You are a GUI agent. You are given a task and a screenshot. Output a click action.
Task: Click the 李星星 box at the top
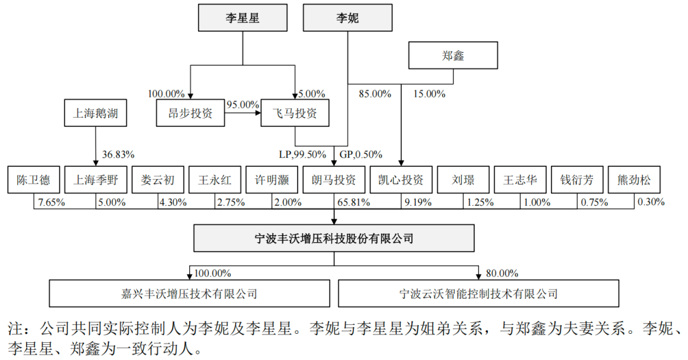click(242, 18)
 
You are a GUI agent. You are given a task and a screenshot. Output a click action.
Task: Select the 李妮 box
click(347, 18)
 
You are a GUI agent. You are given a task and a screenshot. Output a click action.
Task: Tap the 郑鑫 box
click(453, 55)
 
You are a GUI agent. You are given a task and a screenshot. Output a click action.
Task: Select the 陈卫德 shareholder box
click(33, 180)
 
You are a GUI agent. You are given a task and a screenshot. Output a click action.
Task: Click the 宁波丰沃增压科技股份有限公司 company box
click(334, 239)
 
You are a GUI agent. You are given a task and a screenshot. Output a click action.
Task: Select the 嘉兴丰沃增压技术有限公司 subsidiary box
click(189, 294)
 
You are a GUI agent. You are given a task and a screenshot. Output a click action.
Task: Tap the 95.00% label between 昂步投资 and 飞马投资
click(243, 104)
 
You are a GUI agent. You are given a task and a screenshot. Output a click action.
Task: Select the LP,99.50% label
click(303, 154)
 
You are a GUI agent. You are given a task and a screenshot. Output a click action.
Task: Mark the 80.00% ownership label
click(501, 273)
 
